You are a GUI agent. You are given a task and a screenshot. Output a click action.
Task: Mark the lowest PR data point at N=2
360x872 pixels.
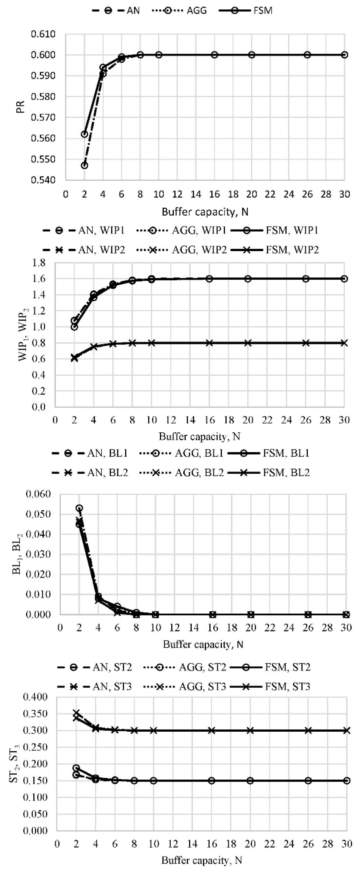tap(84, 165)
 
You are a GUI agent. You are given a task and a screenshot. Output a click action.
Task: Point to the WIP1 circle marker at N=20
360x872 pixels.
tap(248, 279)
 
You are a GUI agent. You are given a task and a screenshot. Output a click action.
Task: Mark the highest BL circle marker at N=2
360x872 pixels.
tap(79, 508)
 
